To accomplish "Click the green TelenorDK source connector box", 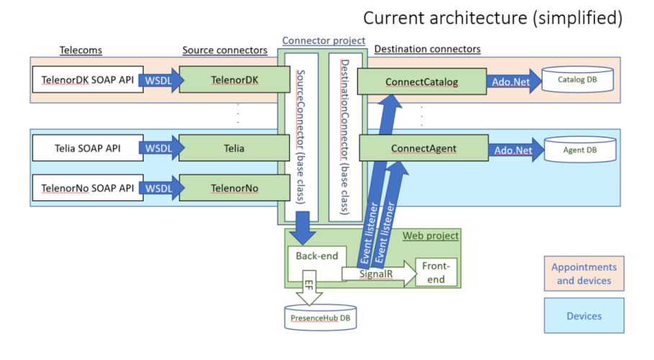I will click(225, 81).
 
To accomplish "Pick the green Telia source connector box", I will click(225, 149).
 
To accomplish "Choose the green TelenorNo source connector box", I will click(225, 188).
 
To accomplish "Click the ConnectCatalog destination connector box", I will click(421, 81).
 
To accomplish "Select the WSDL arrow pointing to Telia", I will click(158, 149).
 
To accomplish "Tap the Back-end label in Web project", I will click(309, 256).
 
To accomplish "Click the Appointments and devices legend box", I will click(583, 274).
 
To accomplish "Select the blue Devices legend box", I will click(583, 315).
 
